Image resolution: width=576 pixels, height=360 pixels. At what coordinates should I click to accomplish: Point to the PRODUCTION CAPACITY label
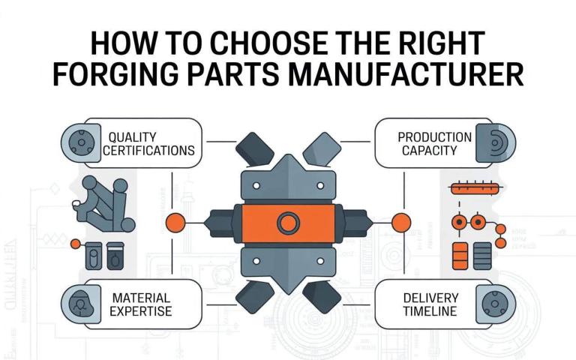(434, 143)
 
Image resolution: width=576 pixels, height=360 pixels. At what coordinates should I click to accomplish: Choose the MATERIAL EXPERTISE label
(141, 304)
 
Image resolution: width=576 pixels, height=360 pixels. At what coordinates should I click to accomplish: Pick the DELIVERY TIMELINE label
(428, 304)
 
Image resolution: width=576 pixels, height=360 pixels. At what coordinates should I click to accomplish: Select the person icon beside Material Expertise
(77, 304)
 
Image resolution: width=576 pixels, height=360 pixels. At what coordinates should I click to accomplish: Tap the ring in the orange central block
(288, 222)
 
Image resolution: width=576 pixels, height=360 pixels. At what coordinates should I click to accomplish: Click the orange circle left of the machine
(175, 222)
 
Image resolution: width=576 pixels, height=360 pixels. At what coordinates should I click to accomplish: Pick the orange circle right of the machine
(402, 222)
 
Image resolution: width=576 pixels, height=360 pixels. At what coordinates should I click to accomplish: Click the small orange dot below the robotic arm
(74, 244)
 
